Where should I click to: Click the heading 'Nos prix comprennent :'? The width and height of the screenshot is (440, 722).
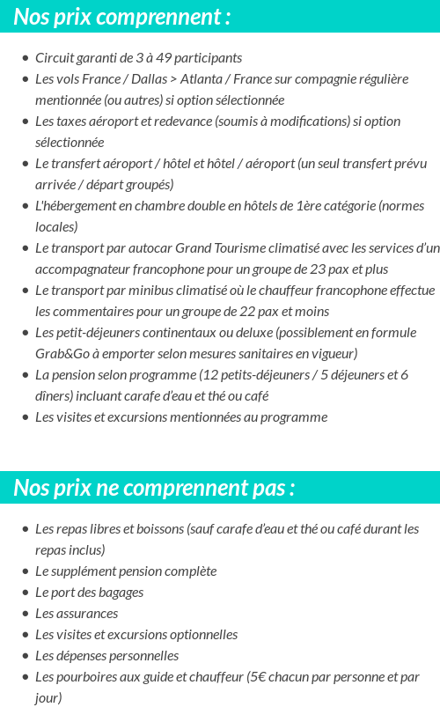(122, 17)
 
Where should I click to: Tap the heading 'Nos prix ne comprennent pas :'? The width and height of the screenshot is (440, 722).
(154, 488)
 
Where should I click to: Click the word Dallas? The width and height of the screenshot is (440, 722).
(149, 79)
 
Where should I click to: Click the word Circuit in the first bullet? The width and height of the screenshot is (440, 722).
(54, 58)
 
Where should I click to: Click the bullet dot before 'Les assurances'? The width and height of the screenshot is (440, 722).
(25, 614)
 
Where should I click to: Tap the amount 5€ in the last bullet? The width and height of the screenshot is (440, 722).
(257, 677)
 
